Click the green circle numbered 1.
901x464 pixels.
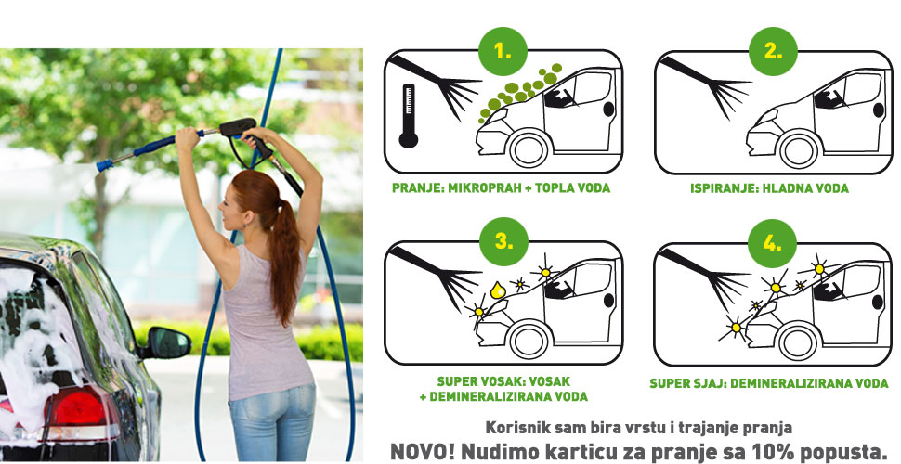click(x=503, y=51)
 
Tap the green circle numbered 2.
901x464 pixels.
click(x=773, y=51)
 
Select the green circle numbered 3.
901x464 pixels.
click(x=504, y=241)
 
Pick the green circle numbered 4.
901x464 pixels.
click(x=772, y=243)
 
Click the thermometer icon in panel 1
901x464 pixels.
click(x=409, y=116)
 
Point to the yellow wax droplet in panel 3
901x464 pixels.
click(x=498, y=290)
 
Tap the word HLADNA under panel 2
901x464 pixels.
click(x=790, y=188)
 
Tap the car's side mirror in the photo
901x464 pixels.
click(x=168, y=343)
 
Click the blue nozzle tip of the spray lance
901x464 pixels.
click(x=104, y=165)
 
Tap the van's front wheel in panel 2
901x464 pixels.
click(x=799, y=149)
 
